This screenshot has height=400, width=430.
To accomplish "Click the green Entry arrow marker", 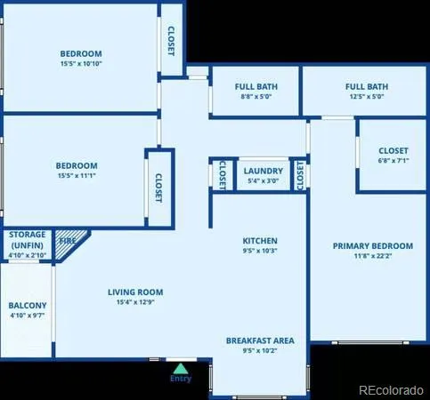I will point(181,366).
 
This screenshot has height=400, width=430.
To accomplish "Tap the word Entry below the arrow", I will point(181,379).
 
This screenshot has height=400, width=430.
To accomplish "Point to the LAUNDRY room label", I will point(263,171).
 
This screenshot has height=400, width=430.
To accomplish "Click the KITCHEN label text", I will point(260,241).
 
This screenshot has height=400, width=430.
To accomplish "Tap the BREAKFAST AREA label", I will point(260,340).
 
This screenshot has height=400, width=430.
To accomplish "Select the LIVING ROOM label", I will point(135,292).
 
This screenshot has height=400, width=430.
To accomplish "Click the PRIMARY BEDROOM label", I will point(373,246).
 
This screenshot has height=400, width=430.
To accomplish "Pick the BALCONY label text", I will point(28,305).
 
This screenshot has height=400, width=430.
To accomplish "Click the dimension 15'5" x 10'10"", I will point(81,64).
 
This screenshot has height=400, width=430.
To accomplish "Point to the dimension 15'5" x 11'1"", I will point(77,176).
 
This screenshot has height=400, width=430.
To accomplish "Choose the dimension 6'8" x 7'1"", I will point(393,162).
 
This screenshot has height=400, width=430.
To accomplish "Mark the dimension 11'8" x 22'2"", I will point(373,257).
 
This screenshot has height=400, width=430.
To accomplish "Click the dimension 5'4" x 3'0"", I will point(263,181).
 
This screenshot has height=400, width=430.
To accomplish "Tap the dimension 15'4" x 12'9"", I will point(135,302).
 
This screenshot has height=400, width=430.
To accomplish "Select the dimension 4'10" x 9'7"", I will point(28,316).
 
